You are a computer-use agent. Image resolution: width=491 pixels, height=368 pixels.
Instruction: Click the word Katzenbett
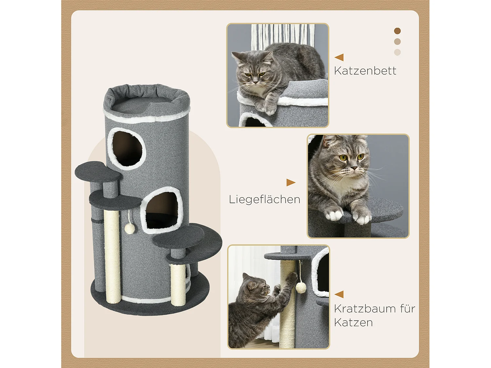pyautogui.click(x=365, y=71)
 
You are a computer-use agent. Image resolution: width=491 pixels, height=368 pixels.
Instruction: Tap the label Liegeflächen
pyautogui.click(x=264, y=199)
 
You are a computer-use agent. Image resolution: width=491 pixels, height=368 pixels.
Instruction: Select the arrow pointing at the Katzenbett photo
pyautogui.click(x=339, y=57)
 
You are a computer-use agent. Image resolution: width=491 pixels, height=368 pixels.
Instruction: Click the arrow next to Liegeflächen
pyautogui.click(x=291, y=182)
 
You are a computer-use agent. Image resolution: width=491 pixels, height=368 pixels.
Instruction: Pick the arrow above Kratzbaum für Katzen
pyautogui.click(x=339, y=294)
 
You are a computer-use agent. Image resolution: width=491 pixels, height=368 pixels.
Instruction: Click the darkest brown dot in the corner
pyautogui.click(x=397, y=31)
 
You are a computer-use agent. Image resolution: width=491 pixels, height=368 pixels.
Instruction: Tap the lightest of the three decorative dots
pyautogui.click(x=397, y=52)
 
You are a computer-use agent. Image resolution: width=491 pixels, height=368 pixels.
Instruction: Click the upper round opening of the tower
pyautogui.click(x=127, y=149)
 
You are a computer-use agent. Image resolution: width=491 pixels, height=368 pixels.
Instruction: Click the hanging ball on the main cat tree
pyautogui.click(x=130, y=229)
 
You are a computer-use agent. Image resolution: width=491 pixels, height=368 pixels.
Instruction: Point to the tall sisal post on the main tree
pyautogui.click(x=112, y=255)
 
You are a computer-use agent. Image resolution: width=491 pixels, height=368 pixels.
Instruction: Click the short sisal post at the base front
pyautogui.click(x=178, y=285)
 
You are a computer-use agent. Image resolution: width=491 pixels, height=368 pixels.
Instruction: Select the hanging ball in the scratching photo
pyautogui.click(x=301, y=288)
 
